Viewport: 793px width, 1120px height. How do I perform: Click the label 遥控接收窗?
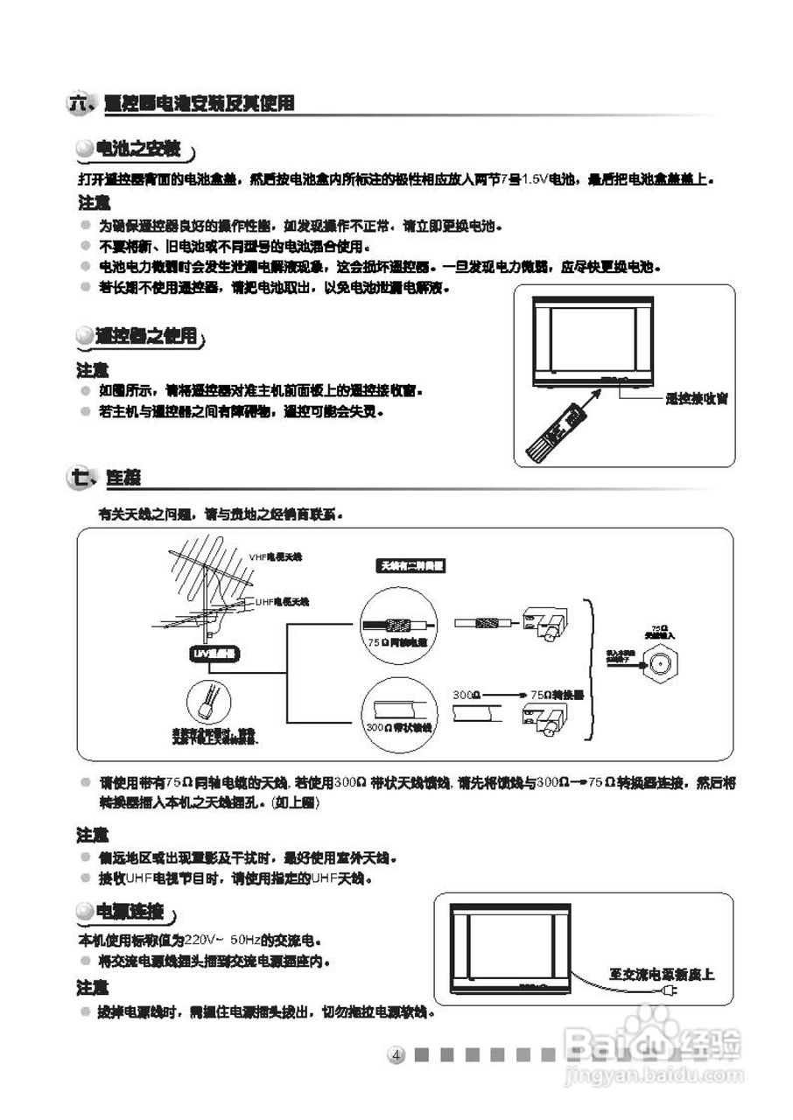point(697,399)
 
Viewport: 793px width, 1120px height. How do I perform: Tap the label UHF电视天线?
point(282,602)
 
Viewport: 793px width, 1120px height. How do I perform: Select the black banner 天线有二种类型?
point(411,566)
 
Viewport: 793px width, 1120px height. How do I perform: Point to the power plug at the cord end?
point(670,991)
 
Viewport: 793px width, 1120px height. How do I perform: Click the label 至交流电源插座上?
point(662,974)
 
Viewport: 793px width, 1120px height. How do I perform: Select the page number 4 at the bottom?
point(396,1054)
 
